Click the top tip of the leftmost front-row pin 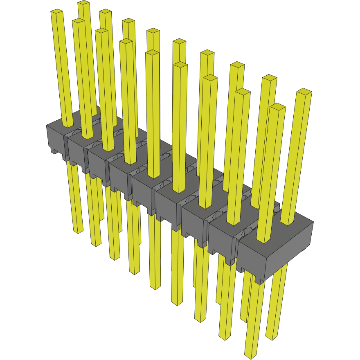[x=57, y=12]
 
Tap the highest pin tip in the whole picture [x=83, y=3]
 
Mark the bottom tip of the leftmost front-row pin [x=78, y=232]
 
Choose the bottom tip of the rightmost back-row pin [x=272, y=337]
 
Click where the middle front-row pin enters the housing [x=154, y=176]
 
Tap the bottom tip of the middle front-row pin [x=155, y=287]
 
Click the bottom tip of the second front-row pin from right [x=225, y=338]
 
